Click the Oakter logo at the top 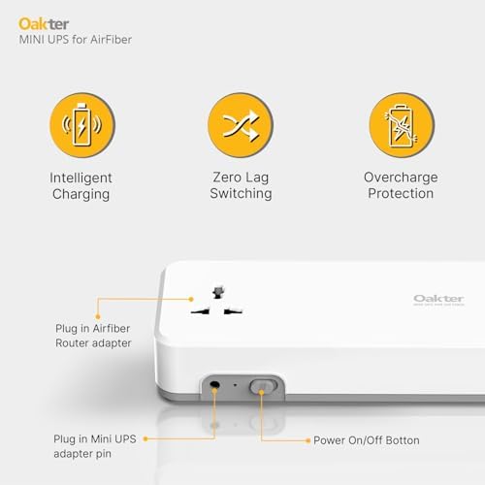(37, 21)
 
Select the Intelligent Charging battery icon (81, 126)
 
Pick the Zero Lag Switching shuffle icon (241, 126)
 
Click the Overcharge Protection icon (401, 126)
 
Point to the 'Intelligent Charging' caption (81, 185)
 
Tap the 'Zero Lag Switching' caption (241, 185)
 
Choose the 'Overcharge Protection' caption (401, 185)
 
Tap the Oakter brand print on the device (437, 300)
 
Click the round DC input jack (213, 386)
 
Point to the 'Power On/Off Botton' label (366, 440)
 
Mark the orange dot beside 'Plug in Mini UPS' (145, 439)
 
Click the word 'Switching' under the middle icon (241, 193)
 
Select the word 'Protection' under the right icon (401, 193)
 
